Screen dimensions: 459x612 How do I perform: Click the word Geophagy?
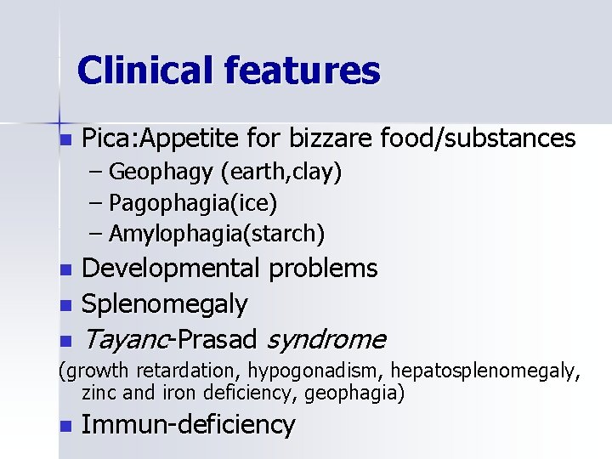tap(161, 173)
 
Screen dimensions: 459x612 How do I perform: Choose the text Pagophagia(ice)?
tap(194, 203)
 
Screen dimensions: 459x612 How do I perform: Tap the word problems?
tap(323, 269)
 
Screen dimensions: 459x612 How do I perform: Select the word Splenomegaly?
tap(164, 303)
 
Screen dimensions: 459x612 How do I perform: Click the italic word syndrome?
tap(326, 340)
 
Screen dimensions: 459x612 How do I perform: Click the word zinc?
tap(99, 394)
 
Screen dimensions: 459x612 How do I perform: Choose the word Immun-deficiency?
tap(188, 425)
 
